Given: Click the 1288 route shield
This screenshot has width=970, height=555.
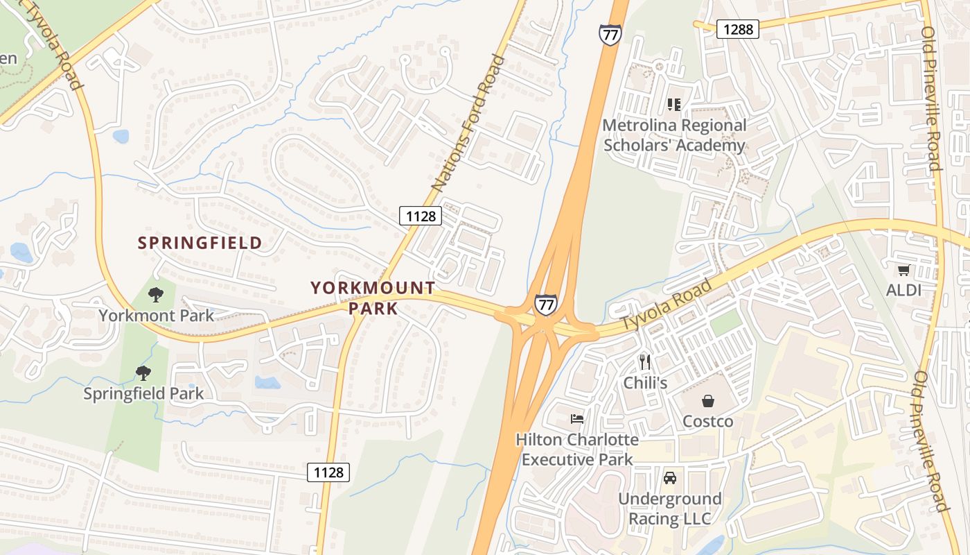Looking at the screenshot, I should (738, 28).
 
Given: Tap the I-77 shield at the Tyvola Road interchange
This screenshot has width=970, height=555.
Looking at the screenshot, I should (545, 304).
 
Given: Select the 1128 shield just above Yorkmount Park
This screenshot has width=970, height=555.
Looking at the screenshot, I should (421, 216).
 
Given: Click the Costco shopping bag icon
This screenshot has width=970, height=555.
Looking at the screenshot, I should (708, 401).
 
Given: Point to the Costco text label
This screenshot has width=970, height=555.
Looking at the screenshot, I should (708, 421).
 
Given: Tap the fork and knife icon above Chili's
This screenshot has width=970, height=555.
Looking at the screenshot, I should (645, 362).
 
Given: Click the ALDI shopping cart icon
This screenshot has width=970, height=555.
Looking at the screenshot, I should (903, 270).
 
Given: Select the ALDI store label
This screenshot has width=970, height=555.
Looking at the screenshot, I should (904, 290).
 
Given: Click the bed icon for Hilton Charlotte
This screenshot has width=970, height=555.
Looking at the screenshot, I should (576, 418).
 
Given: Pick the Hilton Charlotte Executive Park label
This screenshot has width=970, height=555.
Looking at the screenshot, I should (577, 449).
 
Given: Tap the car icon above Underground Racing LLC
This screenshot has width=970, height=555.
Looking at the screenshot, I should (670, 478).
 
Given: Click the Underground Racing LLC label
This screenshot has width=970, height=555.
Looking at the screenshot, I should (669, 509).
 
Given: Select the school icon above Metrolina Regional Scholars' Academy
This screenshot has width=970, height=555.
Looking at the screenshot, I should (673, 105).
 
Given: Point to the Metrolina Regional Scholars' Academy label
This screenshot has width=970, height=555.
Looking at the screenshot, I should (674, 135).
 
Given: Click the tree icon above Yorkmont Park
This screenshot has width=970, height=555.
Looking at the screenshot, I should (156, 295).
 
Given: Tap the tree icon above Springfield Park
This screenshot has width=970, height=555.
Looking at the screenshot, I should (143, 373).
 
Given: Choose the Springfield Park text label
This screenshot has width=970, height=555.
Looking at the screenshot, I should (144, 393).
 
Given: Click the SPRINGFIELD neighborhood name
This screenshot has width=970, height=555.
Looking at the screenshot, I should (200, 243).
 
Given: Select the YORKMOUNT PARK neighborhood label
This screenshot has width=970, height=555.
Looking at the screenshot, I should (373, 298).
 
